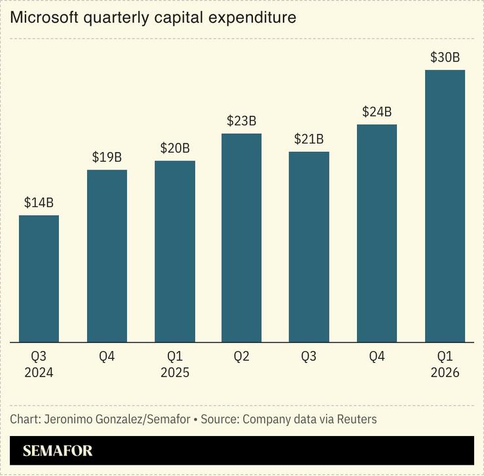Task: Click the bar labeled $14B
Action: pyautogui.click(x=39, y=278)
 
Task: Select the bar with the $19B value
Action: pyautogui.click(x=107, y=255)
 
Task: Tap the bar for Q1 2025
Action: pyautogui.click(x=175, y=251)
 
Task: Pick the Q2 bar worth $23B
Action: pyautogui.click(x=242, y=238)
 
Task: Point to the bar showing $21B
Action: pyautogui.click(x=309, y=247)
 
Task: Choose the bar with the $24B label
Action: pyautogui.click(x=377, y=233)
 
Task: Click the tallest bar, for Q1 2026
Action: pyautogui.click(x=445, y=206)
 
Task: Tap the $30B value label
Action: pyautogui.click(x=445, y=58)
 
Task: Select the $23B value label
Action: pyautogui.click(x=242, y=121)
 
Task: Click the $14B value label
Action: pyautogui.click(x=39, y=203)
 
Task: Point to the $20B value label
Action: pyautogui.click(x=175, y=149)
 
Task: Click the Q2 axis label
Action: pyautogui.click(x=242, y=357)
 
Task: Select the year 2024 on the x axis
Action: pyautogui.click(x=39, y=373)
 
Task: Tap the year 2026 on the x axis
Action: pyautogui.click(x=445, y=373)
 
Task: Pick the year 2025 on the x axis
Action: pyautogui.click(x=175, y=373)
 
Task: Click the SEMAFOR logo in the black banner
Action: pyautogui.click(x=58, y=450)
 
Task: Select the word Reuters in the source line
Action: pyautogui.click(x=357, y=418)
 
